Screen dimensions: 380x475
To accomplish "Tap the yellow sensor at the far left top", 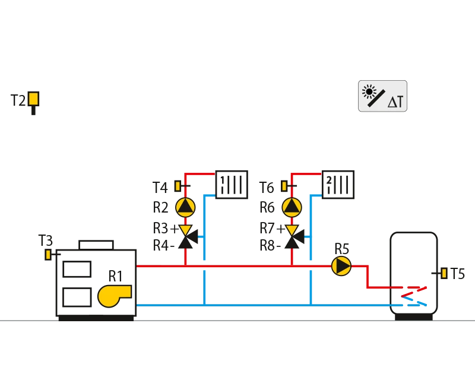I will coord(33,99).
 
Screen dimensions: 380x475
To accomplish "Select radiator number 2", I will coord(338,183).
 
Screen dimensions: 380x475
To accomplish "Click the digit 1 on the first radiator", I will coord(222,179).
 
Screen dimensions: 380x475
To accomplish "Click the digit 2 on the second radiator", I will coord(329,179).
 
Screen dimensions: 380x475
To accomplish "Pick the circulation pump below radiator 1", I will coord(185,207).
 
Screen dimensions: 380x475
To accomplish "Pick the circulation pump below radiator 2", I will coord(292,207).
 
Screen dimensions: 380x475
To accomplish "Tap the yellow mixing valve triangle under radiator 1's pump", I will coord(185,230).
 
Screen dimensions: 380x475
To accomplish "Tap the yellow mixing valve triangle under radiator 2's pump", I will coord(292,230).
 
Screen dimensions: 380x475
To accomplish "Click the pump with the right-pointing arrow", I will coord(341,266).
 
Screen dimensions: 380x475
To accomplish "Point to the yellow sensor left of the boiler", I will coord(47,255).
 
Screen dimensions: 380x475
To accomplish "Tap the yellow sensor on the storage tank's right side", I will coord(444,273).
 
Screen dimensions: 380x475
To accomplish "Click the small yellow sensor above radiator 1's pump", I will coord(177,186).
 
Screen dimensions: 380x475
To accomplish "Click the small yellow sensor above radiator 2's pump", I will coord(284,186).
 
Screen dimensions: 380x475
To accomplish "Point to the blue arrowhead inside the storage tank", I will coord(422,302).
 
